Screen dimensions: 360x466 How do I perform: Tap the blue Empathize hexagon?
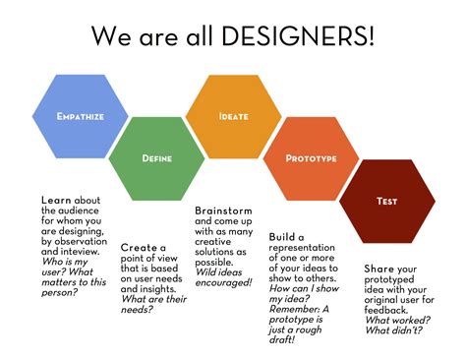coord(81,116)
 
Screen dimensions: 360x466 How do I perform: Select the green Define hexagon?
coord(157,156)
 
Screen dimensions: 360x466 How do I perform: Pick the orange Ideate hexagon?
coord(233,116)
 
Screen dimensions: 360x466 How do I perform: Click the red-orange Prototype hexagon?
coord(311,157)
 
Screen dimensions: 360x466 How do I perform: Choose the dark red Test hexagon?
coord(386,201)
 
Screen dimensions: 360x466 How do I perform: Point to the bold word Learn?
coord(58,201)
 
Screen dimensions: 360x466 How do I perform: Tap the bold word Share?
coord(379,268)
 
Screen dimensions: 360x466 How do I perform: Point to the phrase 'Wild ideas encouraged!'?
coord(223,276)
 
